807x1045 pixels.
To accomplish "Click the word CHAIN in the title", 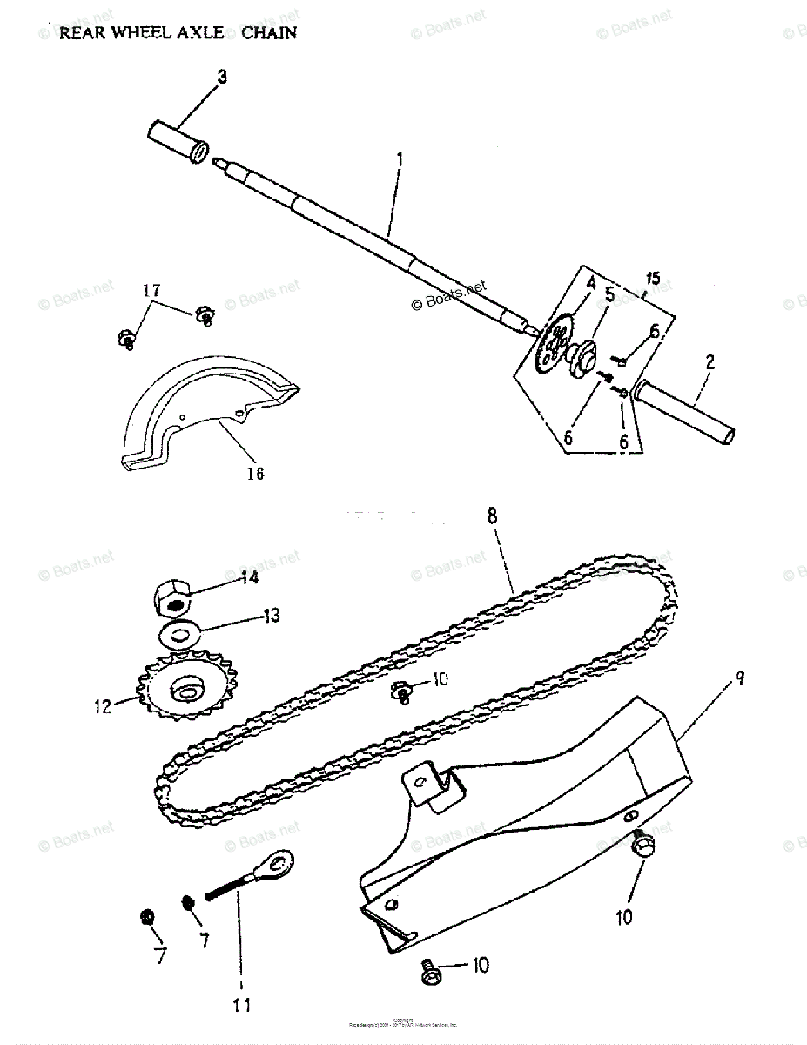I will (x=269, y=32).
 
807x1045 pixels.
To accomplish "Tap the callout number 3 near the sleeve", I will (x=222, y=78).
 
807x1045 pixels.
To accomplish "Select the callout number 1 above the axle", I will (x=399, y=159).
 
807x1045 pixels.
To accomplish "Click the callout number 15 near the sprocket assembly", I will (x=653, y=279).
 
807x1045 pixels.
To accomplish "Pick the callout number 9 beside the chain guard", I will (x=740, y=677).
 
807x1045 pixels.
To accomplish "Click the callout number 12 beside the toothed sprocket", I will (x=104, y=706).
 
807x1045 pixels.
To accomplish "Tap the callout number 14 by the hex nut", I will (x=249, y=576).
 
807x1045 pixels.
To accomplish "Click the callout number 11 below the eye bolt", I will (x=241, y=1005).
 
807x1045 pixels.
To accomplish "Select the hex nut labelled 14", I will (x=173, y=600).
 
